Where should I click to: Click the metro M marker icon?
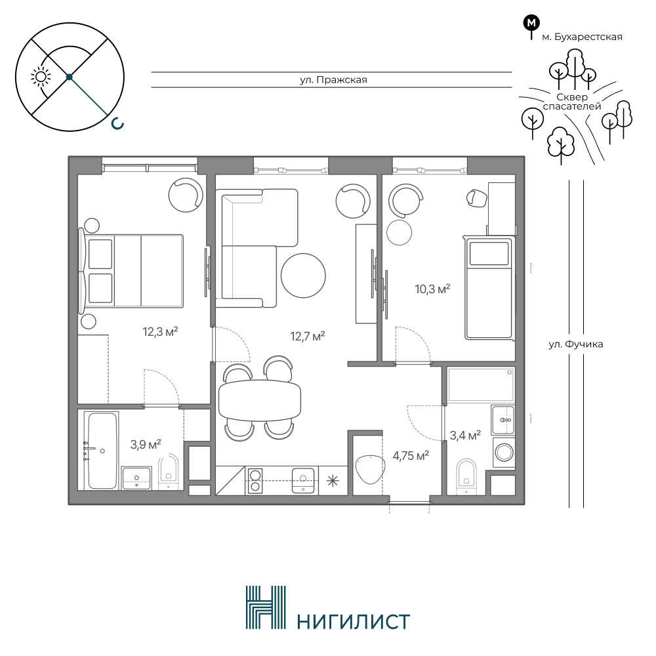[x=532, y=24]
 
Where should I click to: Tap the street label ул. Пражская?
[x=333, y=79]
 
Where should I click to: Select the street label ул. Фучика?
[x=576, y=344]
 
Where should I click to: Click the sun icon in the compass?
[x=41, y=77]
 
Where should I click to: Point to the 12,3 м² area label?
[x=160, y=332]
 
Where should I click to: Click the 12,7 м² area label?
[x=308, y=336]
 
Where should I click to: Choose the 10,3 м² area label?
[x=432, y=289]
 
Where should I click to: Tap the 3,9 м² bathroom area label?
[x=146, y=444]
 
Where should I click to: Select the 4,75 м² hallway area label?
[x=411, y=455]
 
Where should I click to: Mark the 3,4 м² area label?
[x=465, y=436]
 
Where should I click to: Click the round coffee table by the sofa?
[x=303, y=276]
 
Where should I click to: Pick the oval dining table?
[x=260, y=400]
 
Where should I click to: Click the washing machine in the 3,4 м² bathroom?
[x=504, y=452]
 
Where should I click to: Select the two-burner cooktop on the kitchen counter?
[x=254, y=480]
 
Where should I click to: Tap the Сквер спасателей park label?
[x=571, y=102]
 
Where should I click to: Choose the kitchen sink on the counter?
[x=303, y=480]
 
